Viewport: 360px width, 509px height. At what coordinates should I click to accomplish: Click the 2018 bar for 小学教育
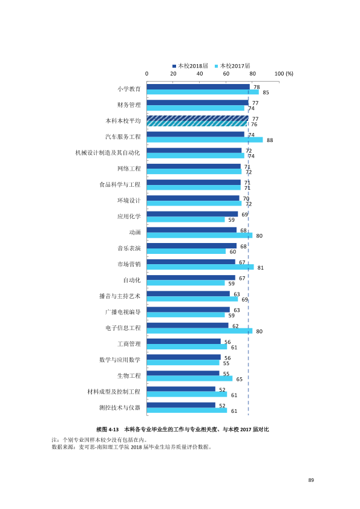(198, 86)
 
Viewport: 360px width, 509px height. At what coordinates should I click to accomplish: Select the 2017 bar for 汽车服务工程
(205, 140)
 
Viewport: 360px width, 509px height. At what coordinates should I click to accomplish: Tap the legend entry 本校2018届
(190, 66)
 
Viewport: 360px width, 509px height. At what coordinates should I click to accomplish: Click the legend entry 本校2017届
(232, 66)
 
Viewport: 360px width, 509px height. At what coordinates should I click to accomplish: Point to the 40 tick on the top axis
(200, 74)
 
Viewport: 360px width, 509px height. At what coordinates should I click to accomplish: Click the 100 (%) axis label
(284, 74)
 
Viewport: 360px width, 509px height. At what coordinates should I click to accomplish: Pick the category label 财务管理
(129, 105)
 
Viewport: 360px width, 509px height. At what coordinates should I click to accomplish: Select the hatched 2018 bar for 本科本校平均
(197, 118)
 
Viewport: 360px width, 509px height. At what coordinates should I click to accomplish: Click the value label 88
(270, 140)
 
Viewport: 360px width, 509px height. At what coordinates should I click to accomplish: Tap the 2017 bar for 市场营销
(200, 267)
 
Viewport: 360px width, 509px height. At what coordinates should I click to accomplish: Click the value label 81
(260, 268)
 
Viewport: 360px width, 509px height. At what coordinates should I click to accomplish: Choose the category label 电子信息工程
(123, 328)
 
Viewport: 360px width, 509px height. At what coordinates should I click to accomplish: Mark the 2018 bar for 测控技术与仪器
(181, 405)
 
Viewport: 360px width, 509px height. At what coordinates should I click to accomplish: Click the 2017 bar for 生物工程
(190, 378)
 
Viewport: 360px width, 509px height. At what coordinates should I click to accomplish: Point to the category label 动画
(135, 232)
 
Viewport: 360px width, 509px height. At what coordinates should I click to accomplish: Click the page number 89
(311, 480)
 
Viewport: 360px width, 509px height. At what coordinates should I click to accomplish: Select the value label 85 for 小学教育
(266, 92)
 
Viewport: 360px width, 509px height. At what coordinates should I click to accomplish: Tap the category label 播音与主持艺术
(120, 296)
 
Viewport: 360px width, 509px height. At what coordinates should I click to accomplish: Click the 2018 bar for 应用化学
(192, 214)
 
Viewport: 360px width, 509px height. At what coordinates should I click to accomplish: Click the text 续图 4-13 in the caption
(108, 429)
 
